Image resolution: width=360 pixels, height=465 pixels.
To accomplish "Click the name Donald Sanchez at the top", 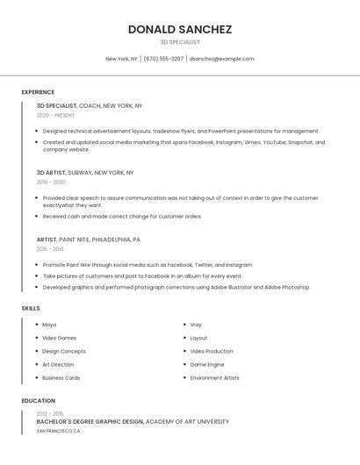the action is [x=180, y=29].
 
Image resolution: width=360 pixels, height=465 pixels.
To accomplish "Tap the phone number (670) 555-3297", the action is [x=163, y=59].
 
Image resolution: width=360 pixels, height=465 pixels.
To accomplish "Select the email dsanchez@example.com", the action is [x=221, y=59].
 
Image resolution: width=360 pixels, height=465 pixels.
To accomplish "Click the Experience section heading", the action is [x=38, y=92].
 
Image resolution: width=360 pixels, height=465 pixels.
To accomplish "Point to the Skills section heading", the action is [x=31, y=309].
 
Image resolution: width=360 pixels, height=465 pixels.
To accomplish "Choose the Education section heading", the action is [x=39, y=401].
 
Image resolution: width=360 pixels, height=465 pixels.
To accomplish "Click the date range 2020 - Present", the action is [x=55, y=115].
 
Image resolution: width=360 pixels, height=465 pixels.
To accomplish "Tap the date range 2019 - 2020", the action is [x=51, y=182].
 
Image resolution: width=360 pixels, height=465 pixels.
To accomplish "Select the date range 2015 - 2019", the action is [x=50, y=249].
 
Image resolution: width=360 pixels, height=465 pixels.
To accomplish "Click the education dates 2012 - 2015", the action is [x=50, y=413].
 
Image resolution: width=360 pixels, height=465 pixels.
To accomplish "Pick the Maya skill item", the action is [x=49, y=325].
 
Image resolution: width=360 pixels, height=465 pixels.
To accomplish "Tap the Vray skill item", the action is [x=196, y=325].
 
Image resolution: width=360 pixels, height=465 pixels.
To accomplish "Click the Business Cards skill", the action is [x=61, y=378].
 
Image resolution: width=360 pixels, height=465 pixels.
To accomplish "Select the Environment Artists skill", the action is [x=214, y=378].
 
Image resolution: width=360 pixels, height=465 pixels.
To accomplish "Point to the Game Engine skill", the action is [x=207, y=364].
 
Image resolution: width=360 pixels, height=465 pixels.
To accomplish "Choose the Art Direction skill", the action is [x=58, y=364].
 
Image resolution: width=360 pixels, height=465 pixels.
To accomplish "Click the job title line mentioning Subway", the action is [x=85, y=173].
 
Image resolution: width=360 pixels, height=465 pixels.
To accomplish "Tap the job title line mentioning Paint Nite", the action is [x=88, y=240].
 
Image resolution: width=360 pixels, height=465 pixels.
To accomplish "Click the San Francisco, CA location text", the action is [x=58, y=432].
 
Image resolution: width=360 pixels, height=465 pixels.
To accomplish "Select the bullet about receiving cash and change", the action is [x=122, y=216].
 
